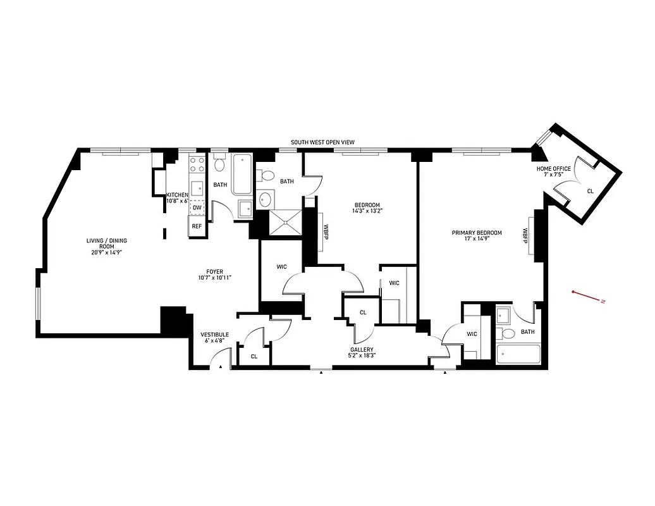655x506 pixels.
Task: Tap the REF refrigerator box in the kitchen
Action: coord(197,226)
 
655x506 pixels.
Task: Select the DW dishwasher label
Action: coord(197,207)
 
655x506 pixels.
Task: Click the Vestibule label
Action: coord(214,337)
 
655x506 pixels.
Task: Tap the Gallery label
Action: coord(363,353)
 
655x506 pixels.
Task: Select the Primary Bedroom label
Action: coord(476,236)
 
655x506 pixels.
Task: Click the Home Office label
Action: coord(553,171)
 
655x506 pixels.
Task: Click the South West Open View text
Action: coord(322,143)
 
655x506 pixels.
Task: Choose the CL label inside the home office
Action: coord(590,190)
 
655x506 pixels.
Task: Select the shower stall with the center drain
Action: coord(286,222)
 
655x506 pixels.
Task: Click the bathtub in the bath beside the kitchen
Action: coord(241,174)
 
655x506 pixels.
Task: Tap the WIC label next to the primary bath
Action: coord(472,334)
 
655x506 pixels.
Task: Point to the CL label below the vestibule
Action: coord(254,357)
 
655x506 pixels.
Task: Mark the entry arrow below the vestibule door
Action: coord(221,366)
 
